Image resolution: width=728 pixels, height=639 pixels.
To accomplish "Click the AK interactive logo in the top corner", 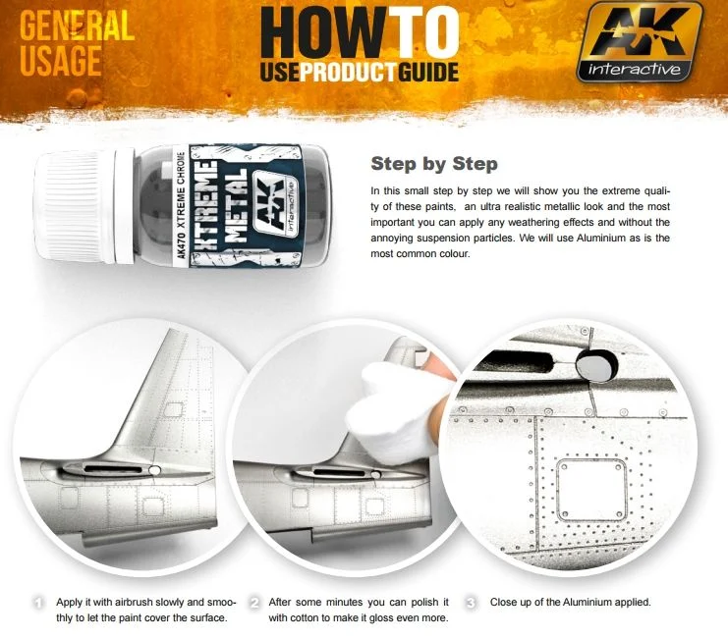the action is [x=640, y=42].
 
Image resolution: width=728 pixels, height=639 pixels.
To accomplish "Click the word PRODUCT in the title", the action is [x=348, y=73].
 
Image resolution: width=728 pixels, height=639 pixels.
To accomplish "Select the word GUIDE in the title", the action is [x=428, y=73].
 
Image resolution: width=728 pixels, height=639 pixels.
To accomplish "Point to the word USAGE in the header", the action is [x=60, y=61].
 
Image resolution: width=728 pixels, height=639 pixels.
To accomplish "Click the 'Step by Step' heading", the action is [x=434, y=164].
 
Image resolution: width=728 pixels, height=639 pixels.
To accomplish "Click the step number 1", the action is [x=39, y=603].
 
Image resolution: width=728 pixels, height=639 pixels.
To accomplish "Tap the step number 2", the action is [x=254, y=603].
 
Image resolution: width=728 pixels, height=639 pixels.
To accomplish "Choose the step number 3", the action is [x=471, y=603].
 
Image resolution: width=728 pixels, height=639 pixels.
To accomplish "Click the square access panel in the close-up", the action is [x=591, y=490].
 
